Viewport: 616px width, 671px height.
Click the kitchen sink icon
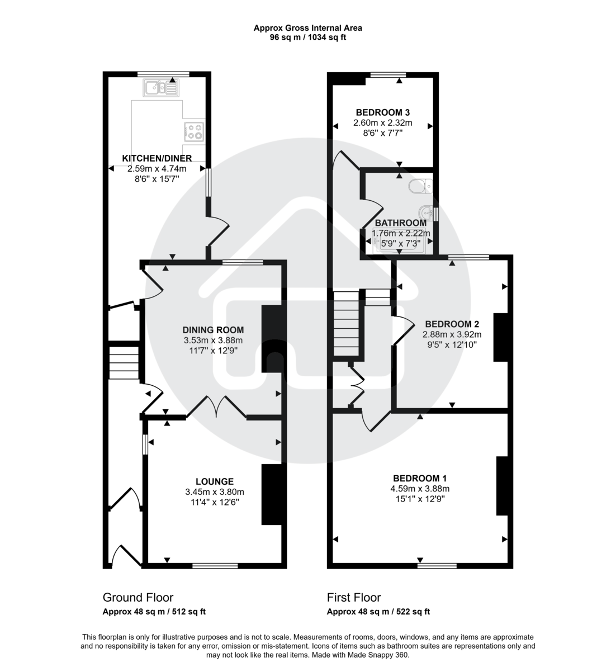[x=160, y=88]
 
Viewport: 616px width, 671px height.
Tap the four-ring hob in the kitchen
[x=193, y=131]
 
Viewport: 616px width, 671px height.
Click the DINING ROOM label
[x=214, y=330]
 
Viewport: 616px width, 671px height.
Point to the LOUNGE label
[x=215, y=481]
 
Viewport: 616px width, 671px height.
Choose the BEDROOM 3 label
[x=383, y=112]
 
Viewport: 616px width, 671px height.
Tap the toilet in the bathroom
[x=420, y=186]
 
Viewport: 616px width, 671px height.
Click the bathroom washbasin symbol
[x=428, y=213]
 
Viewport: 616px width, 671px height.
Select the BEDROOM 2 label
[x=452, y=324]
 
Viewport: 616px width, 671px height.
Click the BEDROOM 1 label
[x=419, y=478]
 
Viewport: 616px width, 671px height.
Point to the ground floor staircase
[x=124, y=363]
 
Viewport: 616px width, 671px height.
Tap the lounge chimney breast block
[x=272, y=494]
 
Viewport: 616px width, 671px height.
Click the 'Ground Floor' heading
[x=138, y=598]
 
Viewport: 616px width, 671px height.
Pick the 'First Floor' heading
[x=354, y=598]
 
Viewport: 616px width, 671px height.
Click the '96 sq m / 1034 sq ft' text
[x=307, y=38]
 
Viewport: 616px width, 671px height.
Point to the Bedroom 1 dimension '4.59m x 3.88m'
[x=419, y=488]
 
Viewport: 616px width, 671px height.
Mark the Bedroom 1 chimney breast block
[x=502, y=485]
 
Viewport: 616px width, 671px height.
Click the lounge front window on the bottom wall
[x=215, y=565]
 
